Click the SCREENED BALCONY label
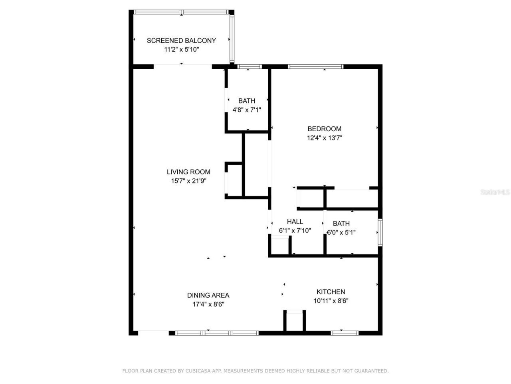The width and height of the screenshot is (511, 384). (x=181, y=40)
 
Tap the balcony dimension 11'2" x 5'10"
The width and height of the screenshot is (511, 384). (x=181, y=50)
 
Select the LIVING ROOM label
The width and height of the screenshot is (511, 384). (x=188, y=172)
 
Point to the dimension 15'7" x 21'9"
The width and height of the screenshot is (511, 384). (x=188, y=181)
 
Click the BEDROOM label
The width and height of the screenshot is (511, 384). (x=324, y=129)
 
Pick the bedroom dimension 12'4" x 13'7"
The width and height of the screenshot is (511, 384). (x=324, y=138)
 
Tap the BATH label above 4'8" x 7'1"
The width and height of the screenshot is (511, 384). (x=247, y=101)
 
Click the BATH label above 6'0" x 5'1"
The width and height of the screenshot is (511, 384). (x=341, y=224)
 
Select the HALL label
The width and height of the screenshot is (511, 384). (x=295, y=222)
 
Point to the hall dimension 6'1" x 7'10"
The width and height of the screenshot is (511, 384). (x=295, y=231)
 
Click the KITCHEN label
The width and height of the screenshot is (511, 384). (x=331, y=292)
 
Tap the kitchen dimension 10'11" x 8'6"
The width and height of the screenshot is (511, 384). (x=331, y=301)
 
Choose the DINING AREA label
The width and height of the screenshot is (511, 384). (x=208, y=295)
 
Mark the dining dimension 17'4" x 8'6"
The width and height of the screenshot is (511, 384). (x=208, y=304)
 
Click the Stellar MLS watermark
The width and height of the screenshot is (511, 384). (x=495, y=192)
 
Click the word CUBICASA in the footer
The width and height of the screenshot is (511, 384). (x=199, y=371)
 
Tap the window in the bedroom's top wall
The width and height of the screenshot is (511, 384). (x=315, y=67)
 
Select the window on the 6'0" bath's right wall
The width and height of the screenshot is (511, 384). (x=380, y=232)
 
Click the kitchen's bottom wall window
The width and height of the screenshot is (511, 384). (x=345, y=332)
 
